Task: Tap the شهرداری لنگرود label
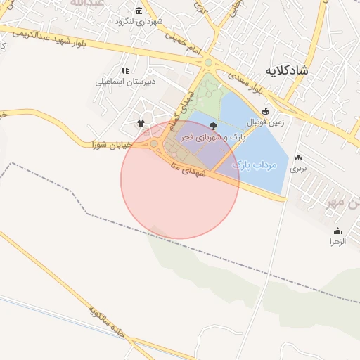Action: click(139, 21)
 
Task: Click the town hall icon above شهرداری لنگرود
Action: click(139, 11)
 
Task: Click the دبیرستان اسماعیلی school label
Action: click(125, 81)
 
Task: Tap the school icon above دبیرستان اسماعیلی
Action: click(125, 70)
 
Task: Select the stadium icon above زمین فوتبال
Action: click(265, 111)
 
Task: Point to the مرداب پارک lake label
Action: click(255, 165)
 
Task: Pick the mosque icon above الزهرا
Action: click(337, 231)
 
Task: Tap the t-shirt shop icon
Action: click(141, 124)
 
